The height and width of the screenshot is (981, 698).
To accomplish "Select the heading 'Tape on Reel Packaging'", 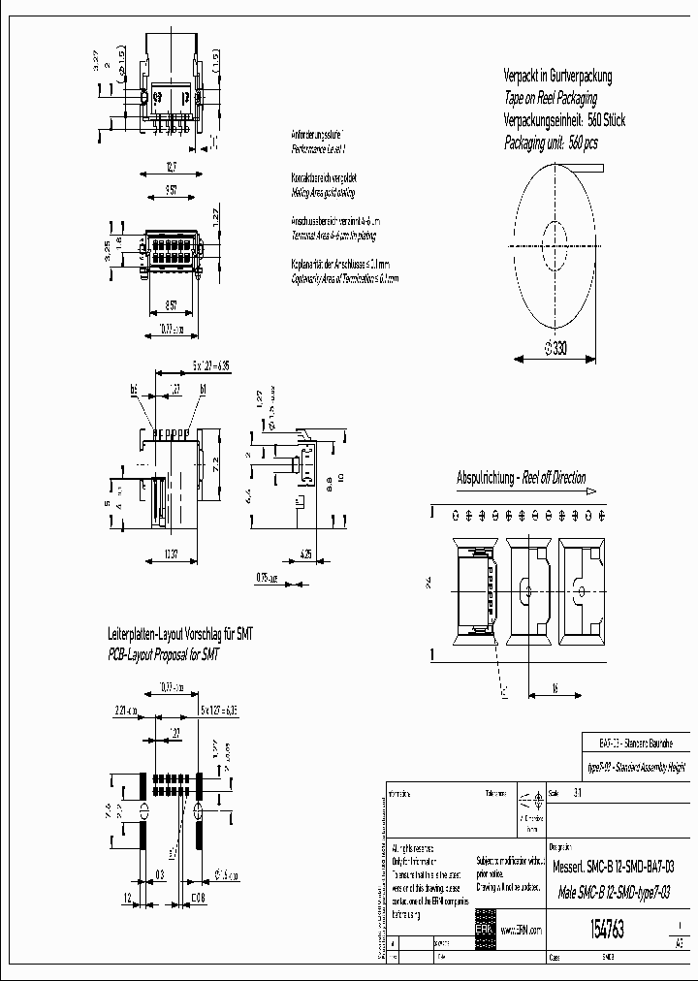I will point(551,98).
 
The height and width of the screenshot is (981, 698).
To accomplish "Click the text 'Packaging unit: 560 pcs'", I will point(552,142).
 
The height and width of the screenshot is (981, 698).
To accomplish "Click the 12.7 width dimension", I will point(171,168).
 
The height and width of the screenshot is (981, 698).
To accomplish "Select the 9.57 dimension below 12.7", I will point(171,189).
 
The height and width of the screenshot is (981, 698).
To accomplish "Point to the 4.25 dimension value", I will point(306,554).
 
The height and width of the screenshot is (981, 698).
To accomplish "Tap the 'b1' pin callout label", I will point(204,390).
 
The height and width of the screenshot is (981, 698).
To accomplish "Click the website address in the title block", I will point(520,930).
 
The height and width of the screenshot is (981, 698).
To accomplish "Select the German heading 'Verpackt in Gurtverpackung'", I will point(557,76).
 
